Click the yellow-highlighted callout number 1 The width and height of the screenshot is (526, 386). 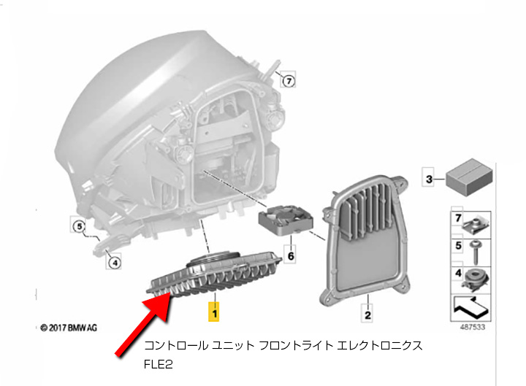[214, 312]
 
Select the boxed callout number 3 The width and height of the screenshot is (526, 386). [430, 177]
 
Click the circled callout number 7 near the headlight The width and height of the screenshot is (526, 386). [289, 81]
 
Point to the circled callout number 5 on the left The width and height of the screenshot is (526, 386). [78, 226]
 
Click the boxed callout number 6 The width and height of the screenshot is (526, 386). [289, 256]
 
